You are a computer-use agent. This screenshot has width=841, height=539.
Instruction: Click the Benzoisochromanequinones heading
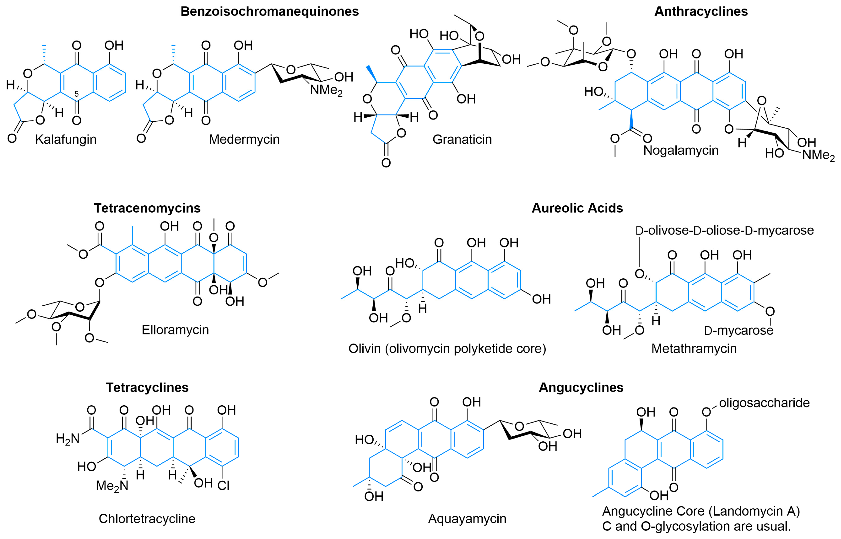click(269, 12)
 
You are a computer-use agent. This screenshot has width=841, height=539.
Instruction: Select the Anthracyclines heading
click(701, 12)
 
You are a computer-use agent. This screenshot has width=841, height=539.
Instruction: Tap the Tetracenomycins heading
click(147, 208)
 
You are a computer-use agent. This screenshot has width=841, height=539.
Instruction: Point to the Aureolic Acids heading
click(577, 208)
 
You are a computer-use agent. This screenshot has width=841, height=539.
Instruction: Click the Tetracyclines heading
click(147, 388)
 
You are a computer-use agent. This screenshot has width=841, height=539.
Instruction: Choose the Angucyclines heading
click(581, 388)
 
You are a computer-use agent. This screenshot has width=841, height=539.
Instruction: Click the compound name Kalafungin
click(66, 139)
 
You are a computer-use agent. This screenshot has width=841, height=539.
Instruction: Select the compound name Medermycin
click(244, 139)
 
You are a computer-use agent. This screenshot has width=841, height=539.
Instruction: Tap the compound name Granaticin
click(462, 139)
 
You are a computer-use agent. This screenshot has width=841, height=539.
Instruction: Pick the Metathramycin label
click(694, 349)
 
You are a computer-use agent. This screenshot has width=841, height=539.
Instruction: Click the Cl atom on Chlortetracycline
click(223, 486)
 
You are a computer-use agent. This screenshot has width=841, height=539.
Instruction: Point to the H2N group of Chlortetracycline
click(68, 439)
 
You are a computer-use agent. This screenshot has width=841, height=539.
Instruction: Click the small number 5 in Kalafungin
click(76, 94)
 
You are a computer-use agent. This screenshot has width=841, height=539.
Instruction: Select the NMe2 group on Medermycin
click(326, 90)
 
